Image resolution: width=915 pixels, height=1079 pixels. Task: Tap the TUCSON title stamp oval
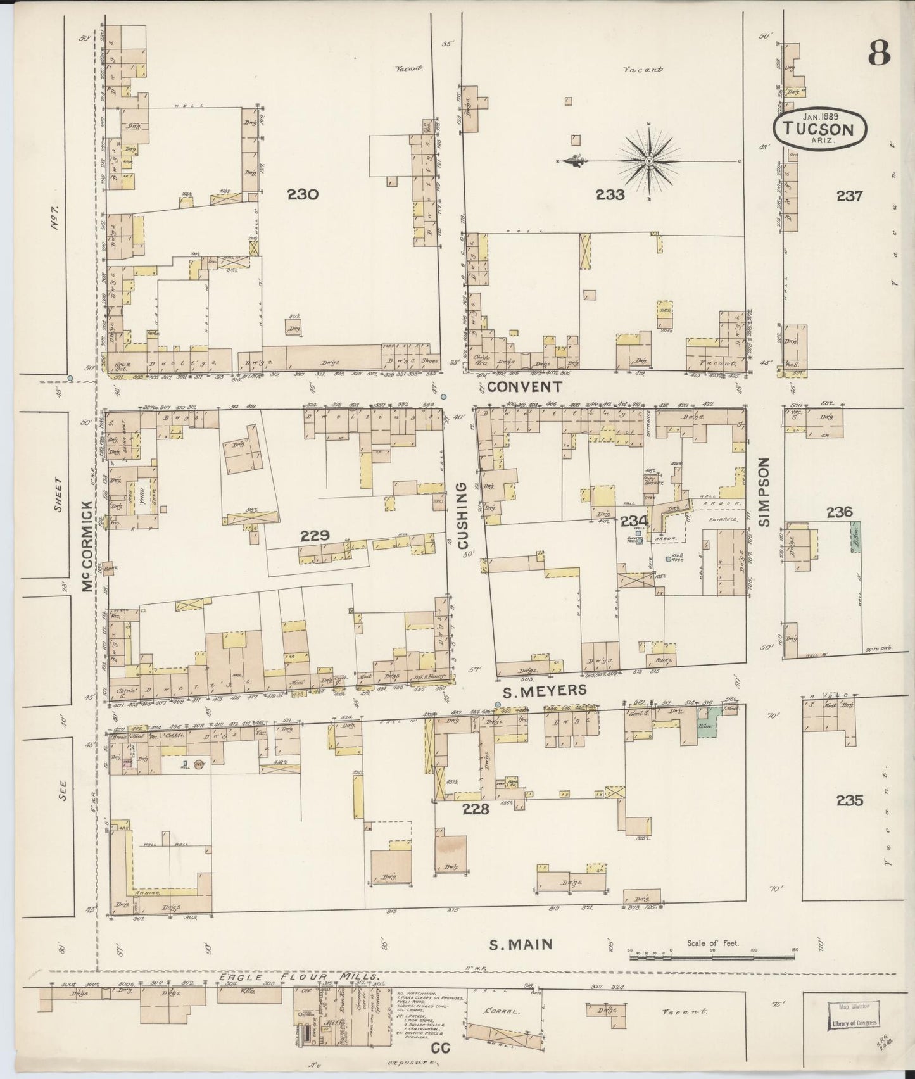pos(820,129)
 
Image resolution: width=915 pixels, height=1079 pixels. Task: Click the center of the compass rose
pos(649,161)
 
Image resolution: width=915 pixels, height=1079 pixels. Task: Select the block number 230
pos(302,195)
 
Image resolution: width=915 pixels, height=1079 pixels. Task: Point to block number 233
pos(609,195)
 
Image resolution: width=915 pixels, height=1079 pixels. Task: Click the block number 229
pos(314,536)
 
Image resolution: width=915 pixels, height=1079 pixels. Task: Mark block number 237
pos(849,196)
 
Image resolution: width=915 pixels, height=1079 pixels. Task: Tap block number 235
pos(849,800)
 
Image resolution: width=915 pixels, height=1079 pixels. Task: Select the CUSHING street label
pos(462,515)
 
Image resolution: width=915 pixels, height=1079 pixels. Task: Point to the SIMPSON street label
pos(764,492)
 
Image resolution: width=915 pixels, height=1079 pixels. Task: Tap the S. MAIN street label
pos(521,945)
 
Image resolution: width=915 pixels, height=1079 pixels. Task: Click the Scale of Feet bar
pos(712,969)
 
